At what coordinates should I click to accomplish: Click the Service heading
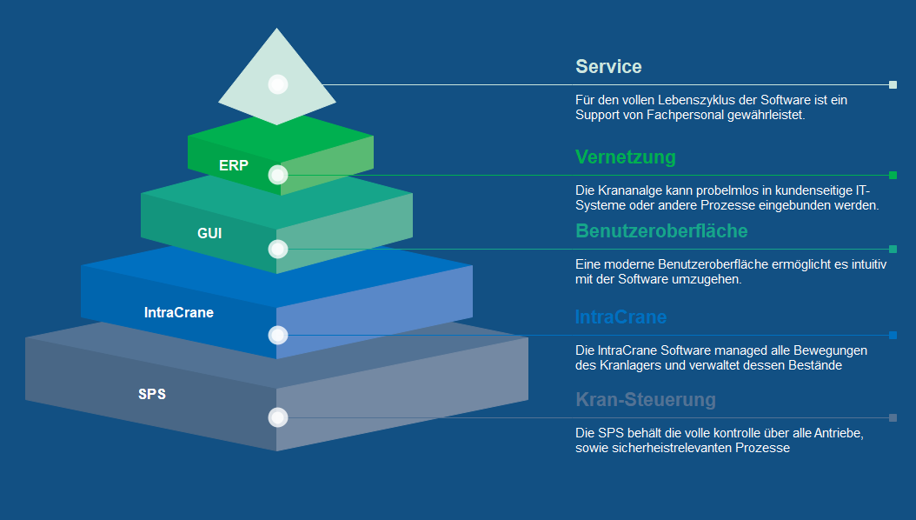coord(608,67)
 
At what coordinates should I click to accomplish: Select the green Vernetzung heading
coord(625,157)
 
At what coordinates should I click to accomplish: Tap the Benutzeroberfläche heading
coord(661,231)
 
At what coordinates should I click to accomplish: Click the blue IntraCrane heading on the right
coord(621,317)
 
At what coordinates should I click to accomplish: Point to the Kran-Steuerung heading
coord(646,400)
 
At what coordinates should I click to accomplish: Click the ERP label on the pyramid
coord(234,165)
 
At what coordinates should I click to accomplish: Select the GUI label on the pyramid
coord(209,233)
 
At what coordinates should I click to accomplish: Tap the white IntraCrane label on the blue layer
coord(178,312)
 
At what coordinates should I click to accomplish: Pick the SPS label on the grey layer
coord(152,394)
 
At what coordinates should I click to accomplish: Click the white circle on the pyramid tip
coord(278,84)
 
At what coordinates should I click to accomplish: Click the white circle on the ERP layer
coord(278,175)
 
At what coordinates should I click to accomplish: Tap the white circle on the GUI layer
coord(278,250)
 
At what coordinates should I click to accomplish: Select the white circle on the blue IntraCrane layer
coord(278,335)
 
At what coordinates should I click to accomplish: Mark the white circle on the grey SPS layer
coord(278,417)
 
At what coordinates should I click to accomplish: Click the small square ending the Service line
coord(893,85)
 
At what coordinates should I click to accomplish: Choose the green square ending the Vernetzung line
coord(893,176)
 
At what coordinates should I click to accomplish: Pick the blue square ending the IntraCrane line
coord(893,336)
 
